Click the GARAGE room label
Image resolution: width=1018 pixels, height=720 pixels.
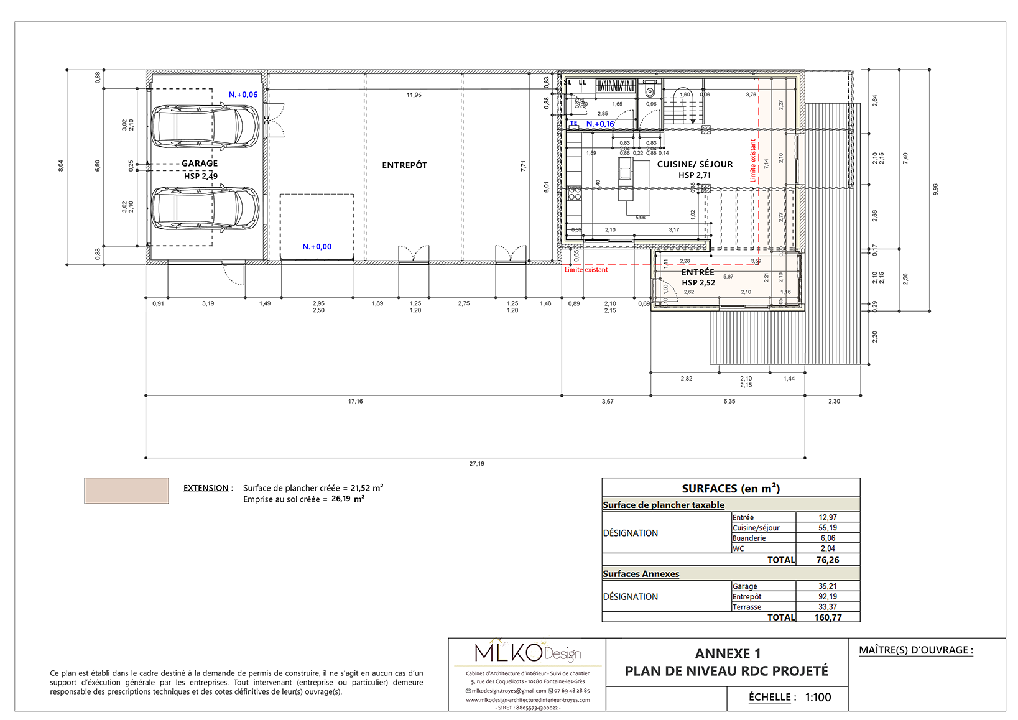click(x=200, y=164)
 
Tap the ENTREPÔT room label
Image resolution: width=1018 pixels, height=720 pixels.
click(x=404, y=165)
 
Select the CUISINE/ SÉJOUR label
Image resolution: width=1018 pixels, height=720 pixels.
click(x=695, y=164)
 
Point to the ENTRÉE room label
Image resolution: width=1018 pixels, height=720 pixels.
click(x=698, y=272)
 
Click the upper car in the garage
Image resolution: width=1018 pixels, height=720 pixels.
click(x=205, y=126)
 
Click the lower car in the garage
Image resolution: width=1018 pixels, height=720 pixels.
click(x=205, y=208)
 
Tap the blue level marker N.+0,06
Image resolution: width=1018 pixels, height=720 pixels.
click(x=243, y=95)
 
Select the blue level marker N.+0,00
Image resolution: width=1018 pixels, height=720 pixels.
click(x=317, y=247)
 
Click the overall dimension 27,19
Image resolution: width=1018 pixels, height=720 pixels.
click(x=476, y=464)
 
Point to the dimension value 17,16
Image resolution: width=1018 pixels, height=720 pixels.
click(x=355, y=402)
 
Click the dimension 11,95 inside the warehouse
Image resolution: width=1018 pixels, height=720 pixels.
click(x=414, y=95)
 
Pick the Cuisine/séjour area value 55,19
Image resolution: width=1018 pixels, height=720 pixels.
click(x=827, y=528)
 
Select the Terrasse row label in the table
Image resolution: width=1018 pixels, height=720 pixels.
click(x=746, y=607)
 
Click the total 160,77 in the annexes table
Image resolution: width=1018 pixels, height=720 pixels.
click(x=828, y=617)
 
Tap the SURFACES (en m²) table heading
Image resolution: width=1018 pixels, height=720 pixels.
click(x=731, y=489)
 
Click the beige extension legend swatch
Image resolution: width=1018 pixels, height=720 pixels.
click(x=126, y=491)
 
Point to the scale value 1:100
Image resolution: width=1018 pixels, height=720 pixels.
click(x=818, y=698)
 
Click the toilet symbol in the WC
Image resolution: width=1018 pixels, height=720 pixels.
click(x=650, y=91)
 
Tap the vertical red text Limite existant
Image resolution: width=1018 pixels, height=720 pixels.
click(x=753, y=160)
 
